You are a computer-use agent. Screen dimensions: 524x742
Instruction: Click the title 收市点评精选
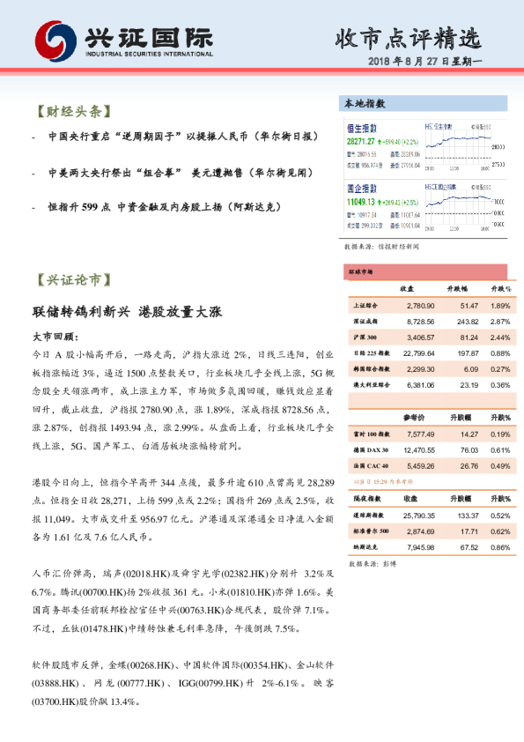point(408,39)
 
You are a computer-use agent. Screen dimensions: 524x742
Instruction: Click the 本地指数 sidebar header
point(365,104)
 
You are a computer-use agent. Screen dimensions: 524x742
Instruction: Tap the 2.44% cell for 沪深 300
point(500,338)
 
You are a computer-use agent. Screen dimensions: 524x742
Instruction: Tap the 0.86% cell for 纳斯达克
point(500,547)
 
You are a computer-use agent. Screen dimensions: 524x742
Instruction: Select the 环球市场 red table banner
point(361,273)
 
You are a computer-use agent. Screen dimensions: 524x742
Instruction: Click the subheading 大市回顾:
point(55,337)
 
